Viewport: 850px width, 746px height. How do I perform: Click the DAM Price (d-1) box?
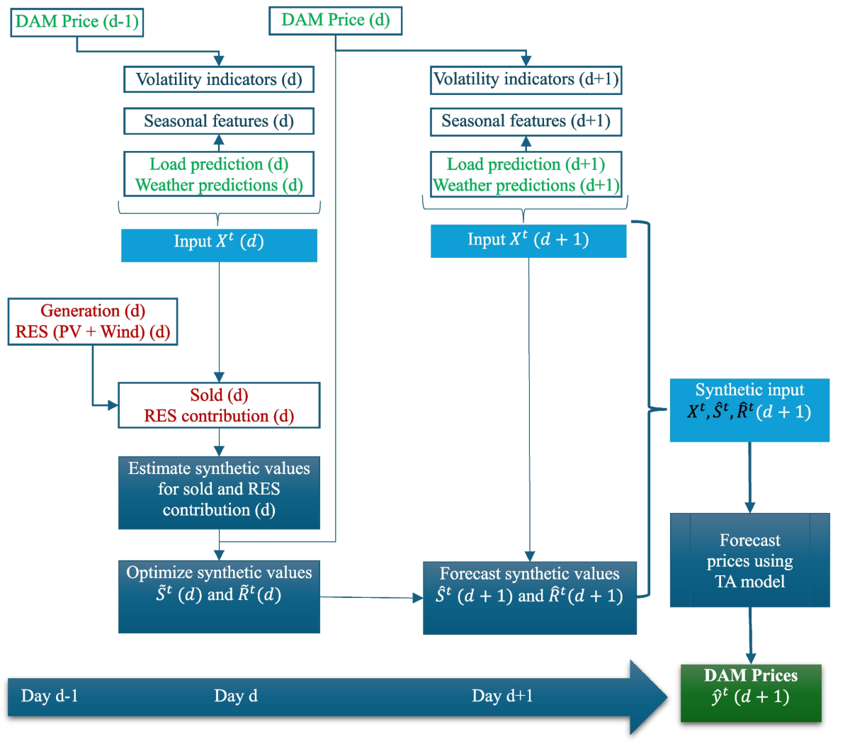[76, 22]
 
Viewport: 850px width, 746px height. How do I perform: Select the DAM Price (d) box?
[335, 21]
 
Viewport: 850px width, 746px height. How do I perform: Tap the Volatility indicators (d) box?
[219, 79]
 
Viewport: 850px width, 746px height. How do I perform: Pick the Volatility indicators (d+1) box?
[526, 79]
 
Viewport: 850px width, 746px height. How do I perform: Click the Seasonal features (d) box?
[219, 121]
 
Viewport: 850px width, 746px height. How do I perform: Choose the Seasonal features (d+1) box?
[526, 121]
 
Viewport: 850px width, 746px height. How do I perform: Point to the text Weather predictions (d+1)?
[526, 186]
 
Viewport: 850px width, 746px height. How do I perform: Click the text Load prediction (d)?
[219, 164]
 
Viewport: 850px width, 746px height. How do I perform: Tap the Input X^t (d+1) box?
[528, 241]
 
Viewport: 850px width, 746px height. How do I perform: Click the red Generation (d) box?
[93, 322]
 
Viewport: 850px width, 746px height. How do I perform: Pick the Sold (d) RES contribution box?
[219, 405]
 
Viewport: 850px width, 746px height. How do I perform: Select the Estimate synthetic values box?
[219, 492]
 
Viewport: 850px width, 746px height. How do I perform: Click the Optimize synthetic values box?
[219, 597]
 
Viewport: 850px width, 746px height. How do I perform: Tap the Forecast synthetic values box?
[529, 597]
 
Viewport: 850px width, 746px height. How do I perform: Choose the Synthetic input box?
[749, 409]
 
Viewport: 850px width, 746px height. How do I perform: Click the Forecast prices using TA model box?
[749, 560]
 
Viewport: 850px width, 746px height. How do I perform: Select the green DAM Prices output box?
[751, 693]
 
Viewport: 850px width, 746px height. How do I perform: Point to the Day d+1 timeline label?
[502, 696]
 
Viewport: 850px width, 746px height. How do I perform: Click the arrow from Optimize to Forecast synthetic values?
[371, 598]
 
